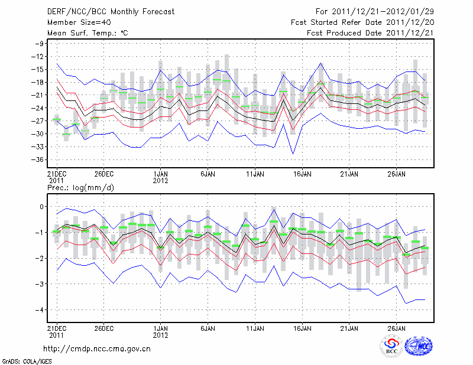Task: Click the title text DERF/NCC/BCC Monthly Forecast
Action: point(110,12)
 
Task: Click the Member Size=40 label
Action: point(77,22)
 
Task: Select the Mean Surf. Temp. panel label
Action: point(88,33)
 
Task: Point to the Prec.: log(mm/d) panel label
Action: point(80,187)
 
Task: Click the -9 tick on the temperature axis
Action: point(40,44)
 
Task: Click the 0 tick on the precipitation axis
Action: point(42,206)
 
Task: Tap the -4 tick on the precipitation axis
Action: point(40,309)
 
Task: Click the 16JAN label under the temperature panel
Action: point(302,174)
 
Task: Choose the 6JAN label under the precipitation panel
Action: point(208,328)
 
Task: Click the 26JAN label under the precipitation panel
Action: point(397,328)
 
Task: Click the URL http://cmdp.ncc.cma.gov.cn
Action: point(97,349)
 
